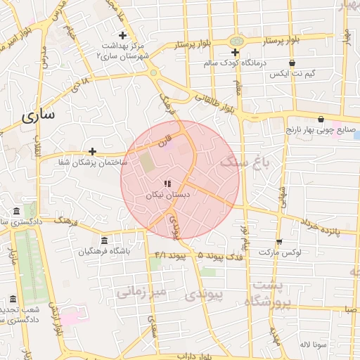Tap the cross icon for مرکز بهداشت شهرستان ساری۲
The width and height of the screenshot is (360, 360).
pyautogui.click(x=122, y=35)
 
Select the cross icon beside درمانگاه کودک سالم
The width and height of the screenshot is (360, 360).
pyautogui.click(x=236, y=53)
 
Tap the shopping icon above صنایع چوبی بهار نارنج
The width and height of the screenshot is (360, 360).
pyautogui.click(x=321, y=119)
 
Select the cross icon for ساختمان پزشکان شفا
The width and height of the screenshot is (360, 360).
pyautogui.click(x=92, y=151)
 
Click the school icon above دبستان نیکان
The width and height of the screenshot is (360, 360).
pyautogui.click(x=167, y=184)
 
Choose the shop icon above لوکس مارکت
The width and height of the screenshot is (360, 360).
pyautogui.click(x=279, y=241)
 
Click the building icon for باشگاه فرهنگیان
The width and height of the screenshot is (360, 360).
pyautogui.click(x=105, y=241)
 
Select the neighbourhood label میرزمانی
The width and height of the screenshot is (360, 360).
pyautogui.click(x=141, y=290)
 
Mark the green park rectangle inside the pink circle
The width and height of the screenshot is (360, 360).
pyautogui.click(x=147, y=162)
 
